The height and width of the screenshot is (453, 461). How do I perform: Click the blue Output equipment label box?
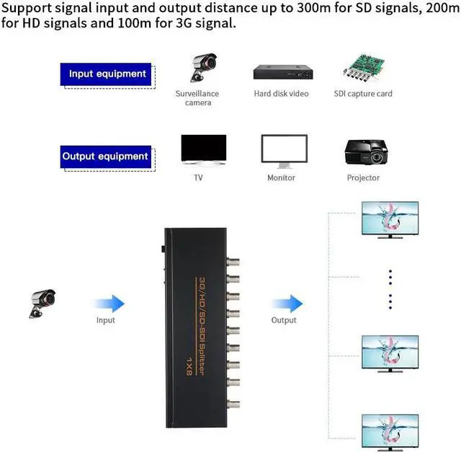coord(104,157)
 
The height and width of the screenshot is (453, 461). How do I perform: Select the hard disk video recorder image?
coord(284,72)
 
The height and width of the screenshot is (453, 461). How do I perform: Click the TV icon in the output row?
coord(203,149)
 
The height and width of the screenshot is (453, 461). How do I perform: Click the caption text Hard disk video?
coord(281,94)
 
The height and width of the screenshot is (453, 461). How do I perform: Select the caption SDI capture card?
coord(363,94)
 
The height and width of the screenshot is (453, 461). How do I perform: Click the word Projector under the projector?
coord(363,178)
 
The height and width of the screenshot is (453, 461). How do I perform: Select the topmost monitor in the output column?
coord(390,219)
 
